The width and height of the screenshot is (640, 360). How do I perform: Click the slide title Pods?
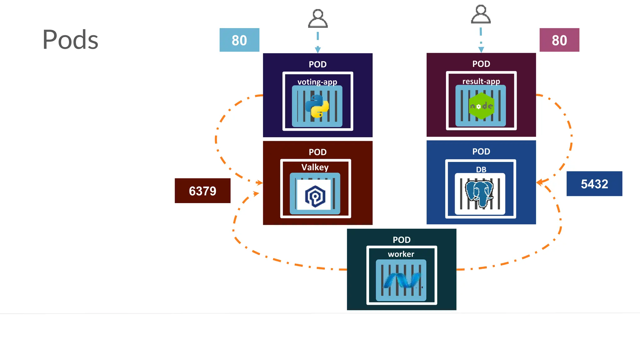[70, 40]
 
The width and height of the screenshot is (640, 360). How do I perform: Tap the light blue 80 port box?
[239, 40]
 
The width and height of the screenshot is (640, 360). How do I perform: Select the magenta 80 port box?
[559, 40]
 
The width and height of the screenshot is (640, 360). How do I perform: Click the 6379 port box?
[202, 191]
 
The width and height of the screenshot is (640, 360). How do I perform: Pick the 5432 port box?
[594, 184]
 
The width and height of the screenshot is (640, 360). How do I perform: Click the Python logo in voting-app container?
[317, 106]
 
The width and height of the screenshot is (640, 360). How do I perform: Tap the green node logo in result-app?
[481, 106]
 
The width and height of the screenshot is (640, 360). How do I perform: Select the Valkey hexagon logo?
[315, 196]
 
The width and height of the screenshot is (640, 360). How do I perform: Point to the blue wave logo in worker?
[402, 280]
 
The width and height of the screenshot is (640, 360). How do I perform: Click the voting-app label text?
[317, 82]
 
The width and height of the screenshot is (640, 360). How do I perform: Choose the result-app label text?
[481, 81]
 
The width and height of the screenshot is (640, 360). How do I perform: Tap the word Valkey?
[315, 167]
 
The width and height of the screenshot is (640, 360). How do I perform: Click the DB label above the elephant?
[481, 169]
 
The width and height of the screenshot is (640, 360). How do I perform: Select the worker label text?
[401, 254]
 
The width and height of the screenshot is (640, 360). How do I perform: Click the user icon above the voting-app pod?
[318, 19]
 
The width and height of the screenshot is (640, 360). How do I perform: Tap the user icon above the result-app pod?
[481, 14]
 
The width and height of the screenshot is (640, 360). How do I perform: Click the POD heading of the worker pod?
[401, 240]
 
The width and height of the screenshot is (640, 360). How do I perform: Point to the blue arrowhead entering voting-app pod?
[318, 50]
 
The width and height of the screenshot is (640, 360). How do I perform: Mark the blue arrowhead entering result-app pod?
[481, 50]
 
